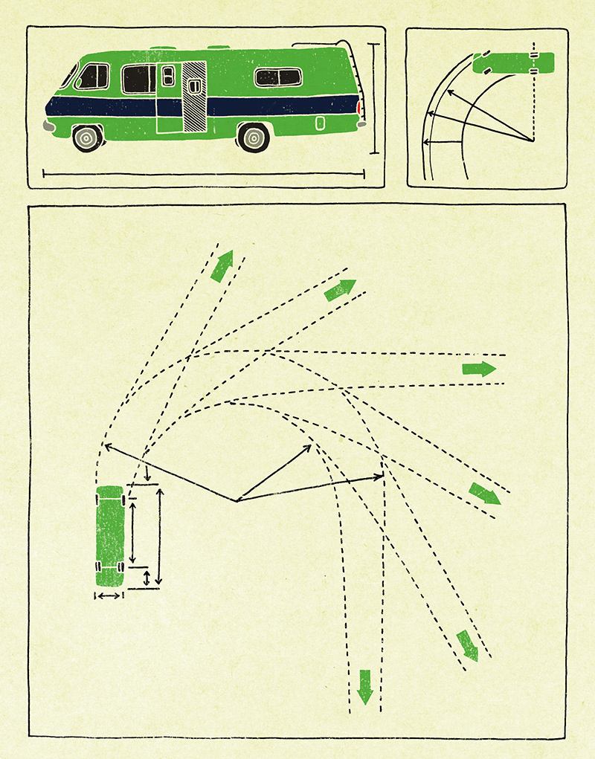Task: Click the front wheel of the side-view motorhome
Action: [88, 138]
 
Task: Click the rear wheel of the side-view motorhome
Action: [254, 138]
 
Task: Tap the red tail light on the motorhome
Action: [359, 109]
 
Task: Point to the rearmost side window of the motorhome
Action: [277, 77]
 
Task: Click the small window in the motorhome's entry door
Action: [168, 74]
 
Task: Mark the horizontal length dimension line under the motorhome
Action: [203, 175]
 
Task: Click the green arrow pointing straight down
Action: [364, 686]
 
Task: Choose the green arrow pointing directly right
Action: [479, 369]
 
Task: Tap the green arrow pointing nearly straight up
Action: [222, 266]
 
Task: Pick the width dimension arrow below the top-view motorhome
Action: [109, 595]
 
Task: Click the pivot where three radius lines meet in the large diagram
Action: [237, 501]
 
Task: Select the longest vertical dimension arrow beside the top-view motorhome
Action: [158, 535]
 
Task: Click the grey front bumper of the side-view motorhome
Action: [49, 126]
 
